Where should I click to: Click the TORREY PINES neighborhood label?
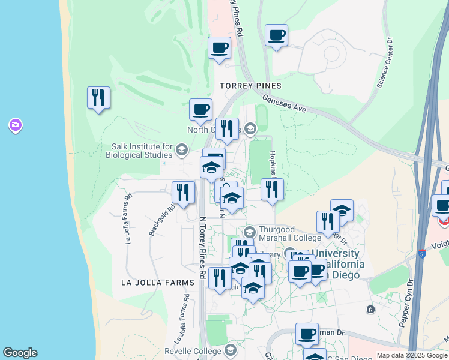(x=251, y=86)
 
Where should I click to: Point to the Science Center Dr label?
(x=385, y=63)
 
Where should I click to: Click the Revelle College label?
(x=194, y=350)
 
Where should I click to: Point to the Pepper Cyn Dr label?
(x=403, y=302)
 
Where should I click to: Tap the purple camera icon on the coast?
(x=15, y=125)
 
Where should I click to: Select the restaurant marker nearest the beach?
(x=98, y=98)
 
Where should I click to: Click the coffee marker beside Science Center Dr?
(x=276, y=35)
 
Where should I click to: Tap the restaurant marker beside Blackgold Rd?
(x=183, y=193)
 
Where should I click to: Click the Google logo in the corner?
(x=20, y=353)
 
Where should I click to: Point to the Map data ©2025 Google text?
(x=412, y=355)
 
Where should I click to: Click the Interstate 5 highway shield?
(x=423, y=254)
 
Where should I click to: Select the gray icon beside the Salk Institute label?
(x=181, y=149)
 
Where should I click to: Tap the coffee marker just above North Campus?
(x=200, y=110)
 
